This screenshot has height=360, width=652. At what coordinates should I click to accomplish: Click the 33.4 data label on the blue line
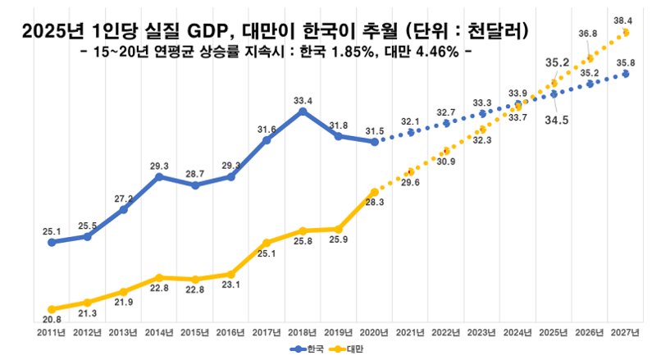303,101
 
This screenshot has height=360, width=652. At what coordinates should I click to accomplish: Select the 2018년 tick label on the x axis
303,333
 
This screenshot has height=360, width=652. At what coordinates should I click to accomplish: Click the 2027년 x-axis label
626,333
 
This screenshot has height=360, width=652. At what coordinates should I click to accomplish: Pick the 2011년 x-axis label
52,333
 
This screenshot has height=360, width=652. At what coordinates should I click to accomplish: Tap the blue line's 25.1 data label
52,232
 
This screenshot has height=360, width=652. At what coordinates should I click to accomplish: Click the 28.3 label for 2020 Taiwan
374,203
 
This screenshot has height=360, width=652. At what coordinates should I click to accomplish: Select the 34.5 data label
558,121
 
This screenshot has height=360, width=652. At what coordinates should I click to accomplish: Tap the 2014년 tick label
159,333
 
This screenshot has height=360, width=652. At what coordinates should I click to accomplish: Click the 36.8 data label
588,33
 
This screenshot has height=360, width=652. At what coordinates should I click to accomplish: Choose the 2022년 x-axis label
446,333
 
